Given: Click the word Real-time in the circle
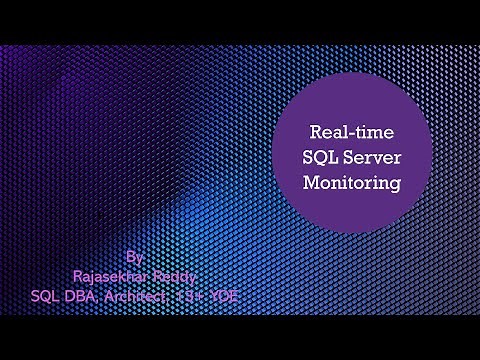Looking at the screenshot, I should pos(343,132).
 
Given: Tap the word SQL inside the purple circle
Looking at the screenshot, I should pos(318,158).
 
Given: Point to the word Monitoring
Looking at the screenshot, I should pos(343,183).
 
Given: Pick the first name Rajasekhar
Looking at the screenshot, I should pos(108,275).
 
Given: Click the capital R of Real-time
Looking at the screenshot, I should pos(313,132).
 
